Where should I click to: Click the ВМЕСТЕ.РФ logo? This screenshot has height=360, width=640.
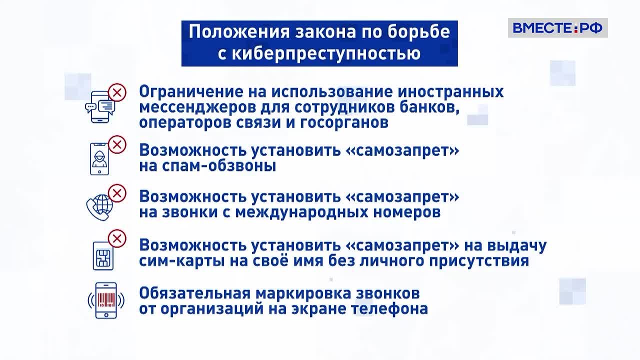click(x=557, y=28)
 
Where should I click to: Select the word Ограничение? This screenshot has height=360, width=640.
click(x=191, y=92)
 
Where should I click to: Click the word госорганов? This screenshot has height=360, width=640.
click(x=344, y=123)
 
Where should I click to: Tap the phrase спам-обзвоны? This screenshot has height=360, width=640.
click(x=207, y=165)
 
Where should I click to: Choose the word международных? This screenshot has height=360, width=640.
click(x=301, y=212)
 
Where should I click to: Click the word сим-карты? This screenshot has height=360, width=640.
click(x=182, y=261)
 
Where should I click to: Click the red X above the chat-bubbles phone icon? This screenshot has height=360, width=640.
click(x=117, y=92)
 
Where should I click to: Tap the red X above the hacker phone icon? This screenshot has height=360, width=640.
click(x=117, y=144)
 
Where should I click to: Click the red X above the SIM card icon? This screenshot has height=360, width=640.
click(x=117, y=238)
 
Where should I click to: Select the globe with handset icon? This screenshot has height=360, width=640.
click(x=99, y=207)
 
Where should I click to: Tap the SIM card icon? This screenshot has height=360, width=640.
click(x=103, y=255)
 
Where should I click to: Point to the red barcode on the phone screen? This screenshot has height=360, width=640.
click(x=106, y=299)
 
